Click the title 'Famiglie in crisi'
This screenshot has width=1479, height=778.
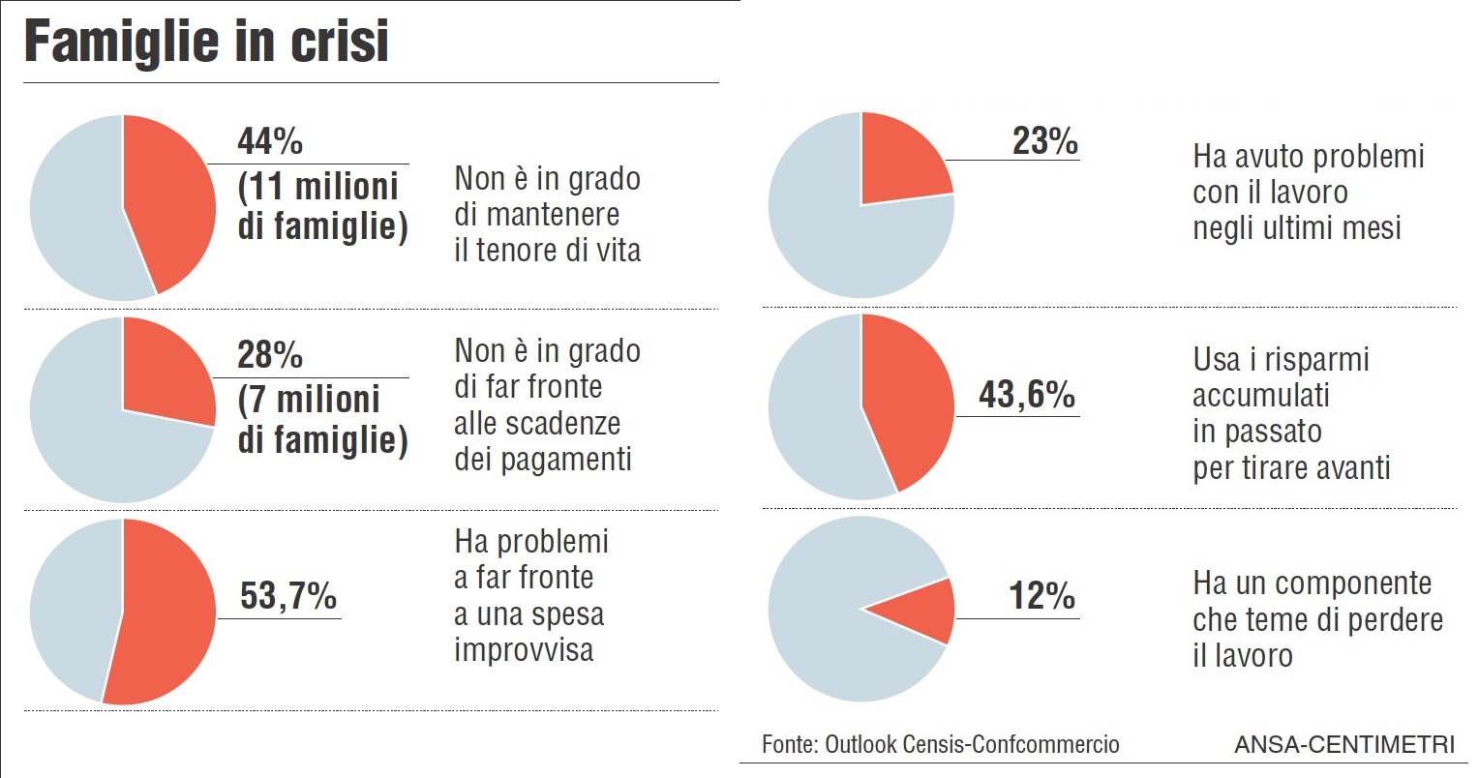click(206, 43)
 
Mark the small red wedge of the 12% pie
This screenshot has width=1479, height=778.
click(924, 611)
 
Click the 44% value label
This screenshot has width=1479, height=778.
click(270, 141)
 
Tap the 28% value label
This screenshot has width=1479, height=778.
click(270, 355)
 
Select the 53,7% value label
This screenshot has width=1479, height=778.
click(287, 596)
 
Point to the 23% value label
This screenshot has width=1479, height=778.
click(1044, 141)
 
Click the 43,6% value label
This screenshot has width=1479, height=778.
click(1026, 395)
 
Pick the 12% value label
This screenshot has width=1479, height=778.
click(1041, 596)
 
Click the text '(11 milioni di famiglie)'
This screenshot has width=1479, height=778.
click(322, 207)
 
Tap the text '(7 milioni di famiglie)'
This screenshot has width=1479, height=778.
click(322, 421)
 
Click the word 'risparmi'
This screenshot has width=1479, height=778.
click(1313, 360)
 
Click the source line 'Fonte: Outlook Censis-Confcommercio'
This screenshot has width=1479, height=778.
click(940, 744)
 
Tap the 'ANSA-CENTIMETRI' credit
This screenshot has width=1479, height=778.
click(1343, 745)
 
